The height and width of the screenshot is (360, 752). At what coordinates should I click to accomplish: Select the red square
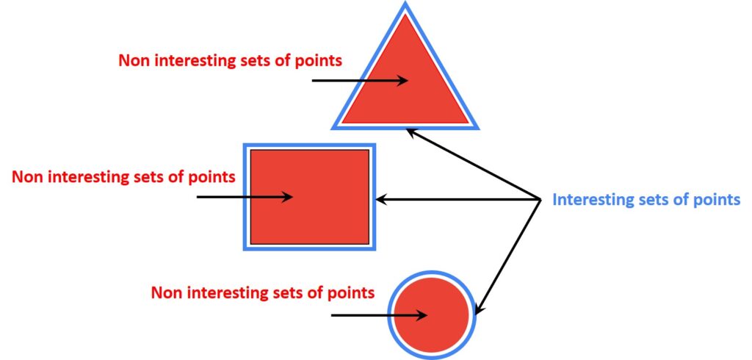click(x=309, y=196)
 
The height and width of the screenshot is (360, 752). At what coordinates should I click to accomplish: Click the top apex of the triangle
click(x=405, y=6)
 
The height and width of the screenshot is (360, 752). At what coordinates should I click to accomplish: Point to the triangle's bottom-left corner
click(x=336, y=127)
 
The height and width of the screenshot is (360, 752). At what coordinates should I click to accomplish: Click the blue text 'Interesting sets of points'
click(x=646, y=199)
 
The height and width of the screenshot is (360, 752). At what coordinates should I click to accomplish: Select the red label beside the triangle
click(x=230, y=60)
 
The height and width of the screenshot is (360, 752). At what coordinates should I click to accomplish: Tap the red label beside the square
click(x=123, y=176)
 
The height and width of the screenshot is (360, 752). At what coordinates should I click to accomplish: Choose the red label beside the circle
click(x=262, y=292)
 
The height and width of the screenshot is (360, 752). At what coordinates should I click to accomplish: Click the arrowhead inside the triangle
click(x=402, y=80)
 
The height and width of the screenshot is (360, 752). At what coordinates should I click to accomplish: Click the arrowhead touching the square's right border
click(x=380, y=198)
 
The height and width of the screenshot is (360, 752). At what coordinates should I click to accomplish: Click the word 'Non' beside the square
click(x=27, y=176)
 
